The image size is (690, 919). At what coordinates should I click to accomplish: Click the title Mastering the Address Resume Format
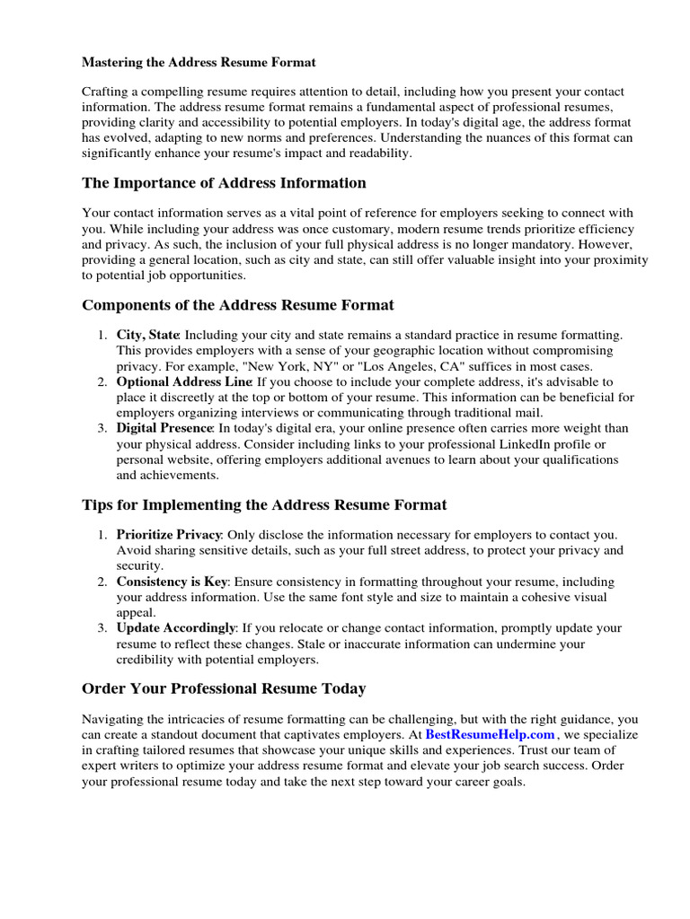(x=199, y=63)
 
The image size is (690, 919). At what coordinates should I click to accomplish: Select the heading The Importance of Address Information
(x=224, y=183)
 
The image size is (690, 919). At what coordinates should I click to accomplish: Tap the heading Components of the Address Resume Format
(x=237, y=305)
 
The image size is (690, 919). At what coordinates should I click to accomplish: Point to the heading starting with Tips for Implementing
(x=264, y=505)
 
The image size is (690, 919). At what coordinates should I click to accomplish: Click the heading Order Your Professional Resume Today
(x=224, y=689)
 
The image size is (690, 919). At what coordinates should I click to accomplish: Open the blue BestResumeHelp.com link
(x=490, y=735)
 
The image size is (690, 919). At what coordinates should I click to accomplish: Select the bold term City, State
(x=148, y=335)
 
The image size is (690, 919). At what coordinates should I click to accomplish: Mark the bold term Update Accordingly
(x=176, y=628)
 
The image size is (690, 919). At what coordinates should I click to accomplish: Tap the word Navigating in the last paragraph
(x=112, y=719)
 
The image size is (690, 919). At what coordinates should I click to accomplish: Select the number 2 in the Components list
(x=102, y=381)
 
